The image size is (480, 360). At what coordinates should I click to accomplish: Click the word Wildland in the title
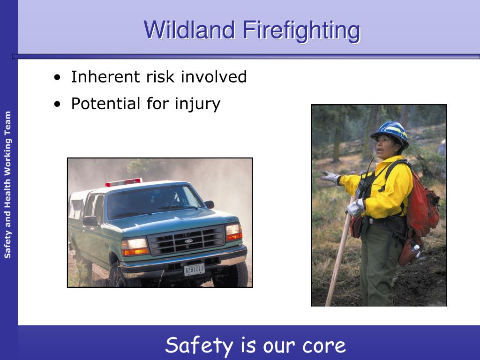click(189, 30)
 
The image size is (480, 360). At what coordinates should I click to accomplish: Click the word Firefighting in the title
click(302, 31)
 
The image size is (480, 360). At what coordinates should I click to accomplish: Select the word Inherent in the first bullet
click(106, 76)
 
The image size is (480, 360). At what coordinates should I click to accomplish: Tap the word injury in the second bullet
click(197, 104)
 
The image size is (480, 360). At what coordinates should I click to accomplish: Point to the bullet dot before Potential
click(57, 104)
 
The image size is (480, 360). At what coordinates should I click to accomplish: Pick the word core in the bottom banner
click(324, 346)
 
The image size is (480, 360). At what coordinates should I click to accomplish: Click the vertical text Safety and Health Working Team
click(7, 185)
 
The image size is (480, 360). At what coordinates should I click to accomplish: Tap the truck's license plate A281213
click(194, 270)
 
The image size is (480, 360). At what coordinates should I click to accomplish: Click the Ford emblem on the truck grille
click(188, 241)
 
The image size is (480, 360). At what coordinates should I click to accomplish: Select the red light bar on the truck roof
click(123, 182)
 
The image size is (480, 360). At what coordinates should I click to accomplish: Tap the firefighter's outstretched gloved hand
click(330, 177)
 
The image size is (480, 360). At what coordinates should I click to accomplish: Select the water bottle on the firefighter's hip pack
click(415, 252)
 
